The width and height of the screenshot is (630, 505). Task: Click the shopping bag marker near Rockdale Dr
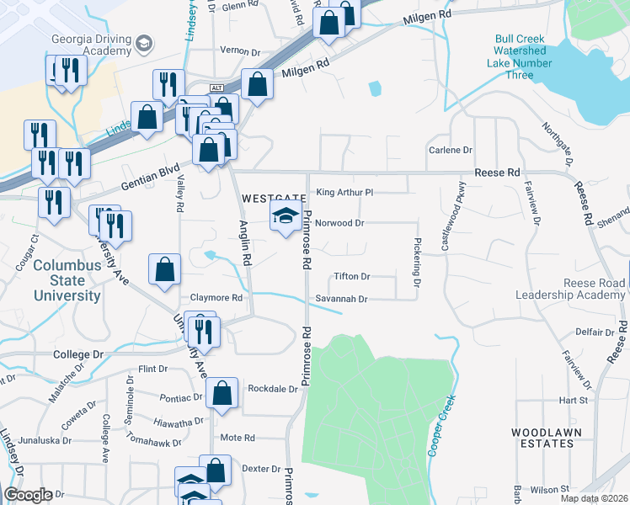coord(222,394)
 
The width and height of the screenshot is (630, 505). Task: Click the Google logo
coord(28,495)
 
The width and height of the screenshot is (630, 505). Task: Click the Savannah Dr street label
coord(342,299)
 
